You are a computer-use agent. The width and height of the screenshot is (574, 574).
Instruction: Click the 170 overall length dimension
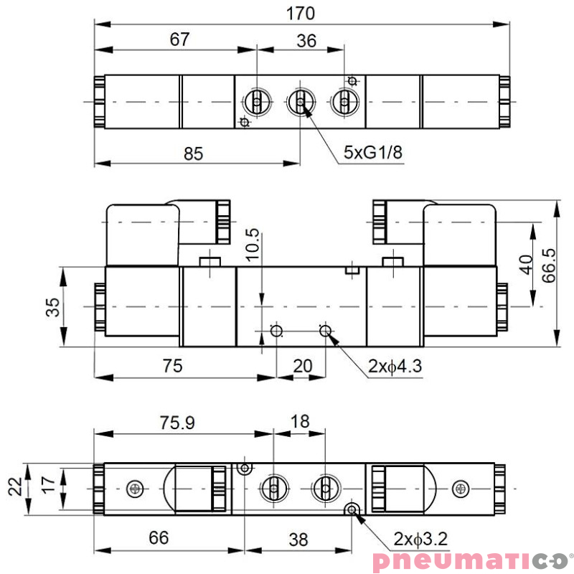pyautogui.click(x=300, y=13)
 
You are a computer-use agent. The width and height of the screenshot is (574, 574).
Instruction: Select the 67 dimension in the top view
pyautogui.click(x=179, y=39)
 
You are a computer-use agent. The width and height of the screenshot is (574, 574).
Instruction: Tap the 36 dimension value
pyautogui.click(x=306, y=41)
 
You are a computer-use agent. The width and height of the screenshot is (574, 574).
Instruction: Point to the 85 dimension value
pyautogui.click(x=192, y=153)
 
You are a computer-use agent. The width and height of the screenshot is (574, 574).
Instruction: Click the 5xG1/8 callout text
pyautogui.click(x=371, y=151)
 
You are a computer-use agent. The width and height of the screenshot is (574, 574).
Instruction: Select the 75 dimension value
pyautogui.click(x=171, y=366)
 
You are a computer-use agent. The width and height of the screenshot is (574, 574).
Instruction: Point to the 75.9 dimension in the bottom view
pyautogui.click(x=177, y=423)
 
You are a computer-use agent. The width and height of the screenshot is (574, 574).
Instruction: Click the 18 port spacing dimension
pyautogui.click(x=299, y=421)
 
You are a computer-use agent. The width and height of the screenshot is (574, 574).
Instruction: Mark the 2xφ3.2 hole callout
pyautogui.click(x=420, y=537)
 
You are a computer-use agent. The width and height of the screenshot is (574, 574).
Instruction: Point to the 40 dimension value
pyautogui.click(x=525, y=265)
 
